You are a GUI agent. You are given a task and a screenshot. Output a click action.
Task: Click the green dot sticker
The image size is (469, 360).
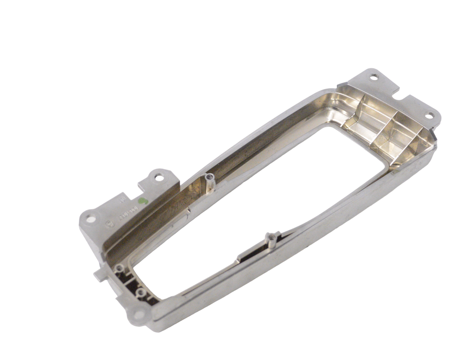142,200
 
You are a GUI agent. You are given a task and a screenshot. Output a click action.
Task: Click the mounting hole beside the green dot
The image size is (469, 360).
159,178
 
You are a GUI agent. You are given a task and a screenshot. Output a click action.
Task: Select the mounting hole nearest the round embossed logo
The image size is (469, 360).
91,219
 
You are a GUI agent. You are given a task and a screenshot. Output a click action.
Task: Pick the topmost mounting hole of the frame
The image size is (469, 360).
374,77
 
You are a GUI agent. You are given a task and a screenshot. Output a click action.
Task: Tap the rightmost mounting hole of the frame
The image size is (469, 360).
429,116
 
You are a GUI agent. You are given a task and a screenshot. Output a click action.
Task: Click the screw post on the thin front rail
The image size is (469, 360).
272,239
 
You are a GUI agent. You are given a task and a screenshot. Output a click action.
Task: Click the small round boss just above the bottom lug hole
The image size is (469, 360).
140,293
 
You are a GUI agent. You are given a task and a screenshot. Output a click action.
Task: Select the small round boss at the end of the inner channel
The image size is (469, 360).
119,268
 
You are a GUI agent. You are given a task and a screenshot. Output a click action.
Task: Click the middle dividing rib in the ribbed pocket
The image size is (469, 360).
385,130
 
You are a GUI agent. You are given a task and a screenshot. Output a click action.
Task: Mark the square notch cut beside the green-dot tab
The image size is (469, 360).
145,184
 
